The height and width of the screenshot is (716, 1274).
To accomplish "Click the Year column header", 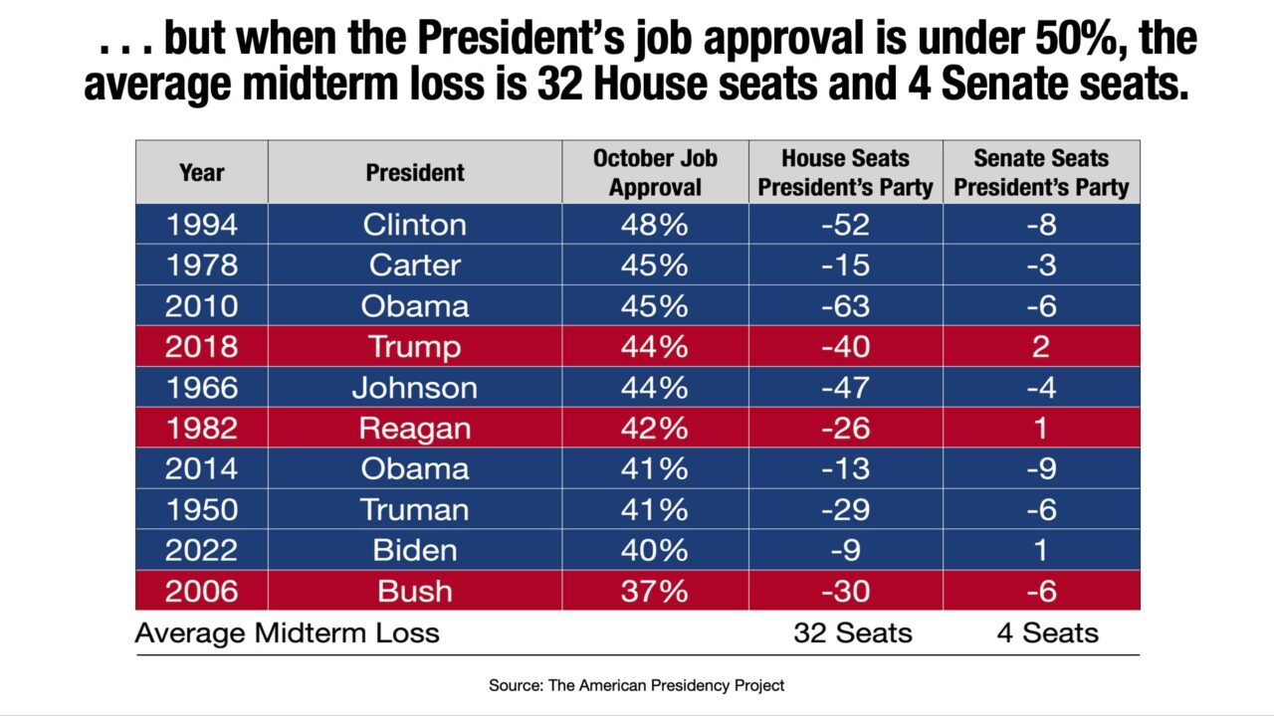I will (201, 172).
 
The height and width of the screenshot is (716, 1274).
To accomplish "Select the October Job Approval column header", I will (655, 172).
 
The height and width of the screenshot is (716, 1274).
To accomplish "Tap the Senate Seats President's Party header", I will (1041, 172).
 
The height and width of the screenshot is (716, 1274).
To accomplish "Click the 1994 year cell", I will (201, 225).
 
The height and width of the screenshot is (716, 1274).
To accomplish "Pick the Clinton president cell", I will (414, 225).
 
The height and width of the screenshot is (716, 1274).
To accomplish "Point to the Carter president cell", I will (414, 266).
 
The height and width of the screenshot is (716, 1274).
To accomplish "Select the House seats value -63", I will (845, 306).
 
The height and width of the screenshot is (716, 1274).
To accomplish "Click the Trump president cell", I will (414, 347).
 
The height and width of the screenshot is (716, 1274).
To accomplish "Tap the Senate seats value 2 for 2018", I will (1041, 347).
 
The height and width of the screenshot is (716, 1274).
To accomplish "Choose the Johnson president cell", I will (414, 388).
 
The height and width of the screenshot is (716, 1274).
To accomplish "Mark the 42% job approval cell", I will (655, 429).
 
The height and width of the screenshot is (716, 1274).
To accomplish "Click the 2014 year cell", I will (201, 468).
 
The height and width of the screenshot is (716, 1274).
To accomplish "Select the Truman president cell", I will (414, 509).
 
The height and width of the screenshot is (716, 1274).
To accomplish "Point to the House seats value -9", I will (845, 550).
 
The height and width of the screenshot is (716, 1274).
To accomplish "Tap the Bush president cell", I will (414, 591).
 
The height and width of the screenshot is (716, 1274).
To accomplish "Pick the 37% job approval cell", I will (655, 591).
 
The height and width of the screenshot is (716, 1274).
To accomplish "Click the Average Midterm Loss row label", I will (287, 633).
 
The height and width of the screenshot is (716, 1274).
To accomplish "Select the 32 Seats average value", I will (852, 633).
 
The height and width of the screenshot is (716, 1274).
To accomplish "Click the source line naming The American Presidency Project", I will (636, 685).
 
